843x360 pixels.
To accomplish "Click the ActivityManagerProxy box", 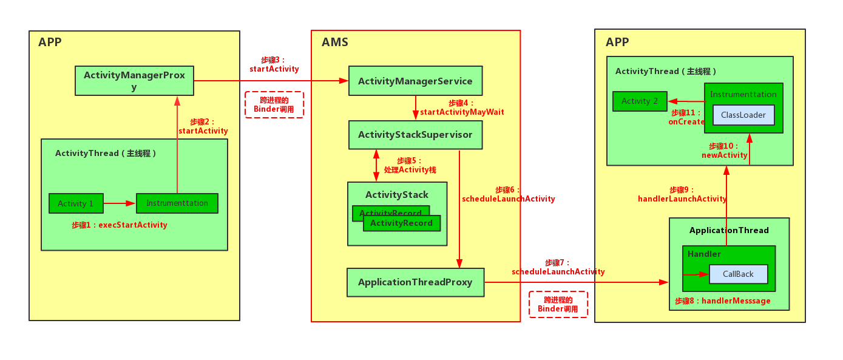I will pos(134,81).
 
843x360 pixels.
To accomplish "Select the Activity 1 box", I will pos(76,203).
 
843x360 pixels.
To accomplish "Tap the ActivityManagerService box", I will pos(415,81).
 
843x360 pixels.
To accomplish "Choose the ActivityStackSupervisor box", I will pos(415,135).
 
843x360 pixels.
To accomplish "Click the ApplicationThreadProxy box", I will pos(415,282).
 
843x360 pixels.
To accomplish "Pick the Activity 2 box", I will pos(640,101).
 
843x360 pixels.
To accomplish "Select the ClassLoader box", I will pos(743,115).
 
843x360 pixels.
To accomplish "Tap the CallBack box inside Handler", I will pos(738,274).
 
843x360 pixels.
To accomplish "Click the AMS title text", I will pos(335,42).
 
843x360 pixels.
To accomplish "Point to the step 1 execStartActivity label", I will pos(120,225).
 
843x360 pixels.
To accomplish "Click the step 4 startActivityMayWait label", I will pos(462,107).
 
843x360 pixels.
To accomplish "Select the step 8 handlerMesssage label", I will pos(722,301).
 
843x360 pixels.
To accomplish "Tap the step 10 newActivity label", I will pos(724,151).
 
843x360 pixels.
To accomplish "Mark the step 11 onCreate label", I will pos(686,117).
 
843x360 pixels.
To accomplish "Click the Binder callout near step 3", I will pos(274,105).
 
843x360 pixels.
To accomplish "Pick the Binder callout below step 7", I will pos(558,304).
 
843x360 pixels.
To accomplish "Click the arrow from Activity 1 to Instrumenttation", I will pos(119,203).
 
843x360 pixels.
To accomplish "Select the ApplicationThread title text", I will pos(729,230).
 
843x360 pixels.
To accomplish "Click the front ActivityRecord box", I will pos(401,223).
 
